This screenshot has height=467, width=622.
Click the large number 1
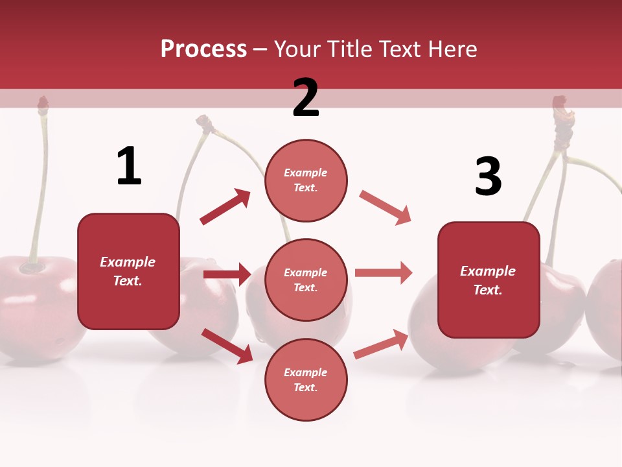point(129,167)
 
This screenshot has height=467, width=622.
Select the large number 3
point(489,177)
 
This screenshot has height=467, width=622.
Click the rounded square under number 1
point(128,271)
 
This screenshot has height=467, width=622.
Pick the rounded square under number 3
point(489,280)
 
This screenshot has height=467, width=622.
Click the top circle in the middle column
point(306,180)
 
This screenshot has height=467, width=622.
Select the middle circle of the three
point(306,280)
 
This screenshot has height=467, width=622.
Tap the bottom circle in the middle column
point(306,380)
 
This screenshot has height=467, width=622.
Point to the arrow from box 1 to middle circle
point(227,274)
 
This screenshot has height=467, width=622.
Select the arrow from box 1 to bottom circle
point(227,345)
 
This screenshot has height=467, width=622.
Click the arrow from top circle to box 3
point(386,208)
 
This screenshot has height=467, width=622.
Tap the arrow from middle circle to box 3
point(384,273)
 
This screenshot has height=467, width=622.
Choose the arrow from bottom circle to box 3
point(381,344)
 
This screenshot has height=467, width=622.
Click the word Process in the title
point(203,49)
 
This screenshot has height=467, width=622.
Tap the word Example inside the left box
point(128,262)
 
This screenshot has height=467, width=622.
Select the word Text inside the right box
point(488,290)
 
